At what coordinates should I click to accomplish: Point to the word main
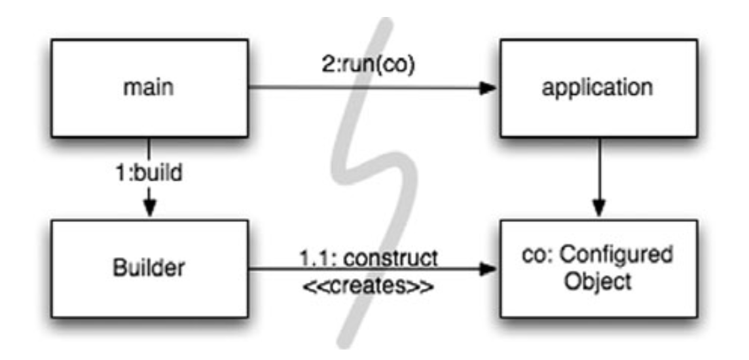click(x=151, y=88)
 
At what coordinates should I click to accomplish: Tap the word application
click(x=598, y=88)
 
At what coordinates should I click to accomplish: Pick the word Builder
click(x=151, y=268)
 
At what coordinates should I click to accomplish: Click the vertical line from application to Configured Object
click(x=598, y=170)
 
